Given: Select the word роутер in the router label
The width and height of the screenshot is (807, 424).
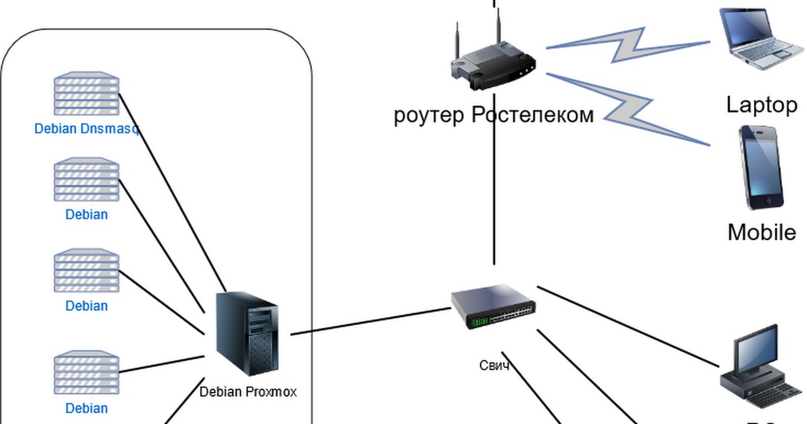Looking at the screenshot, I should (x=429, y=116).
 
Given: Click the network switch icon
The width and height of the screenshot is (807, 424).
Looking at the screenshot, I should (x=493, y=306).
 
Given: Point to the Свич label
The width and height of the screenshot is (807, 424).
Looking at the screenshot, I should (x=494, y=365).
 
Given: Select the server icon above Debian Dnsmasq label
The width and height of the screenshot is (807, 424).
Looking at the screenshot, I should (x=87, y=94).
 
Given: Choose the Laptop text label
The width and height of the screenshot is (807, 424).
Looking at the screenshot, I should (x=761, y=105).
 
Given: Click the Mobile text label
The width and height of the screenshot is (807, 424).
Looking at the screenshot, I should (x=761, y=232).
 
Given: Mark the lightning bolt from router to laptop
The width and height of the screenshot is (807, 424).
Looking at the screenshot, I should (x=629, y=44).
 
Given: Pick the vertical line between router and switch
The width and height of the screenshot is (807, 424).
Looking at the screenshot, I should (x=494, y=195).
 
